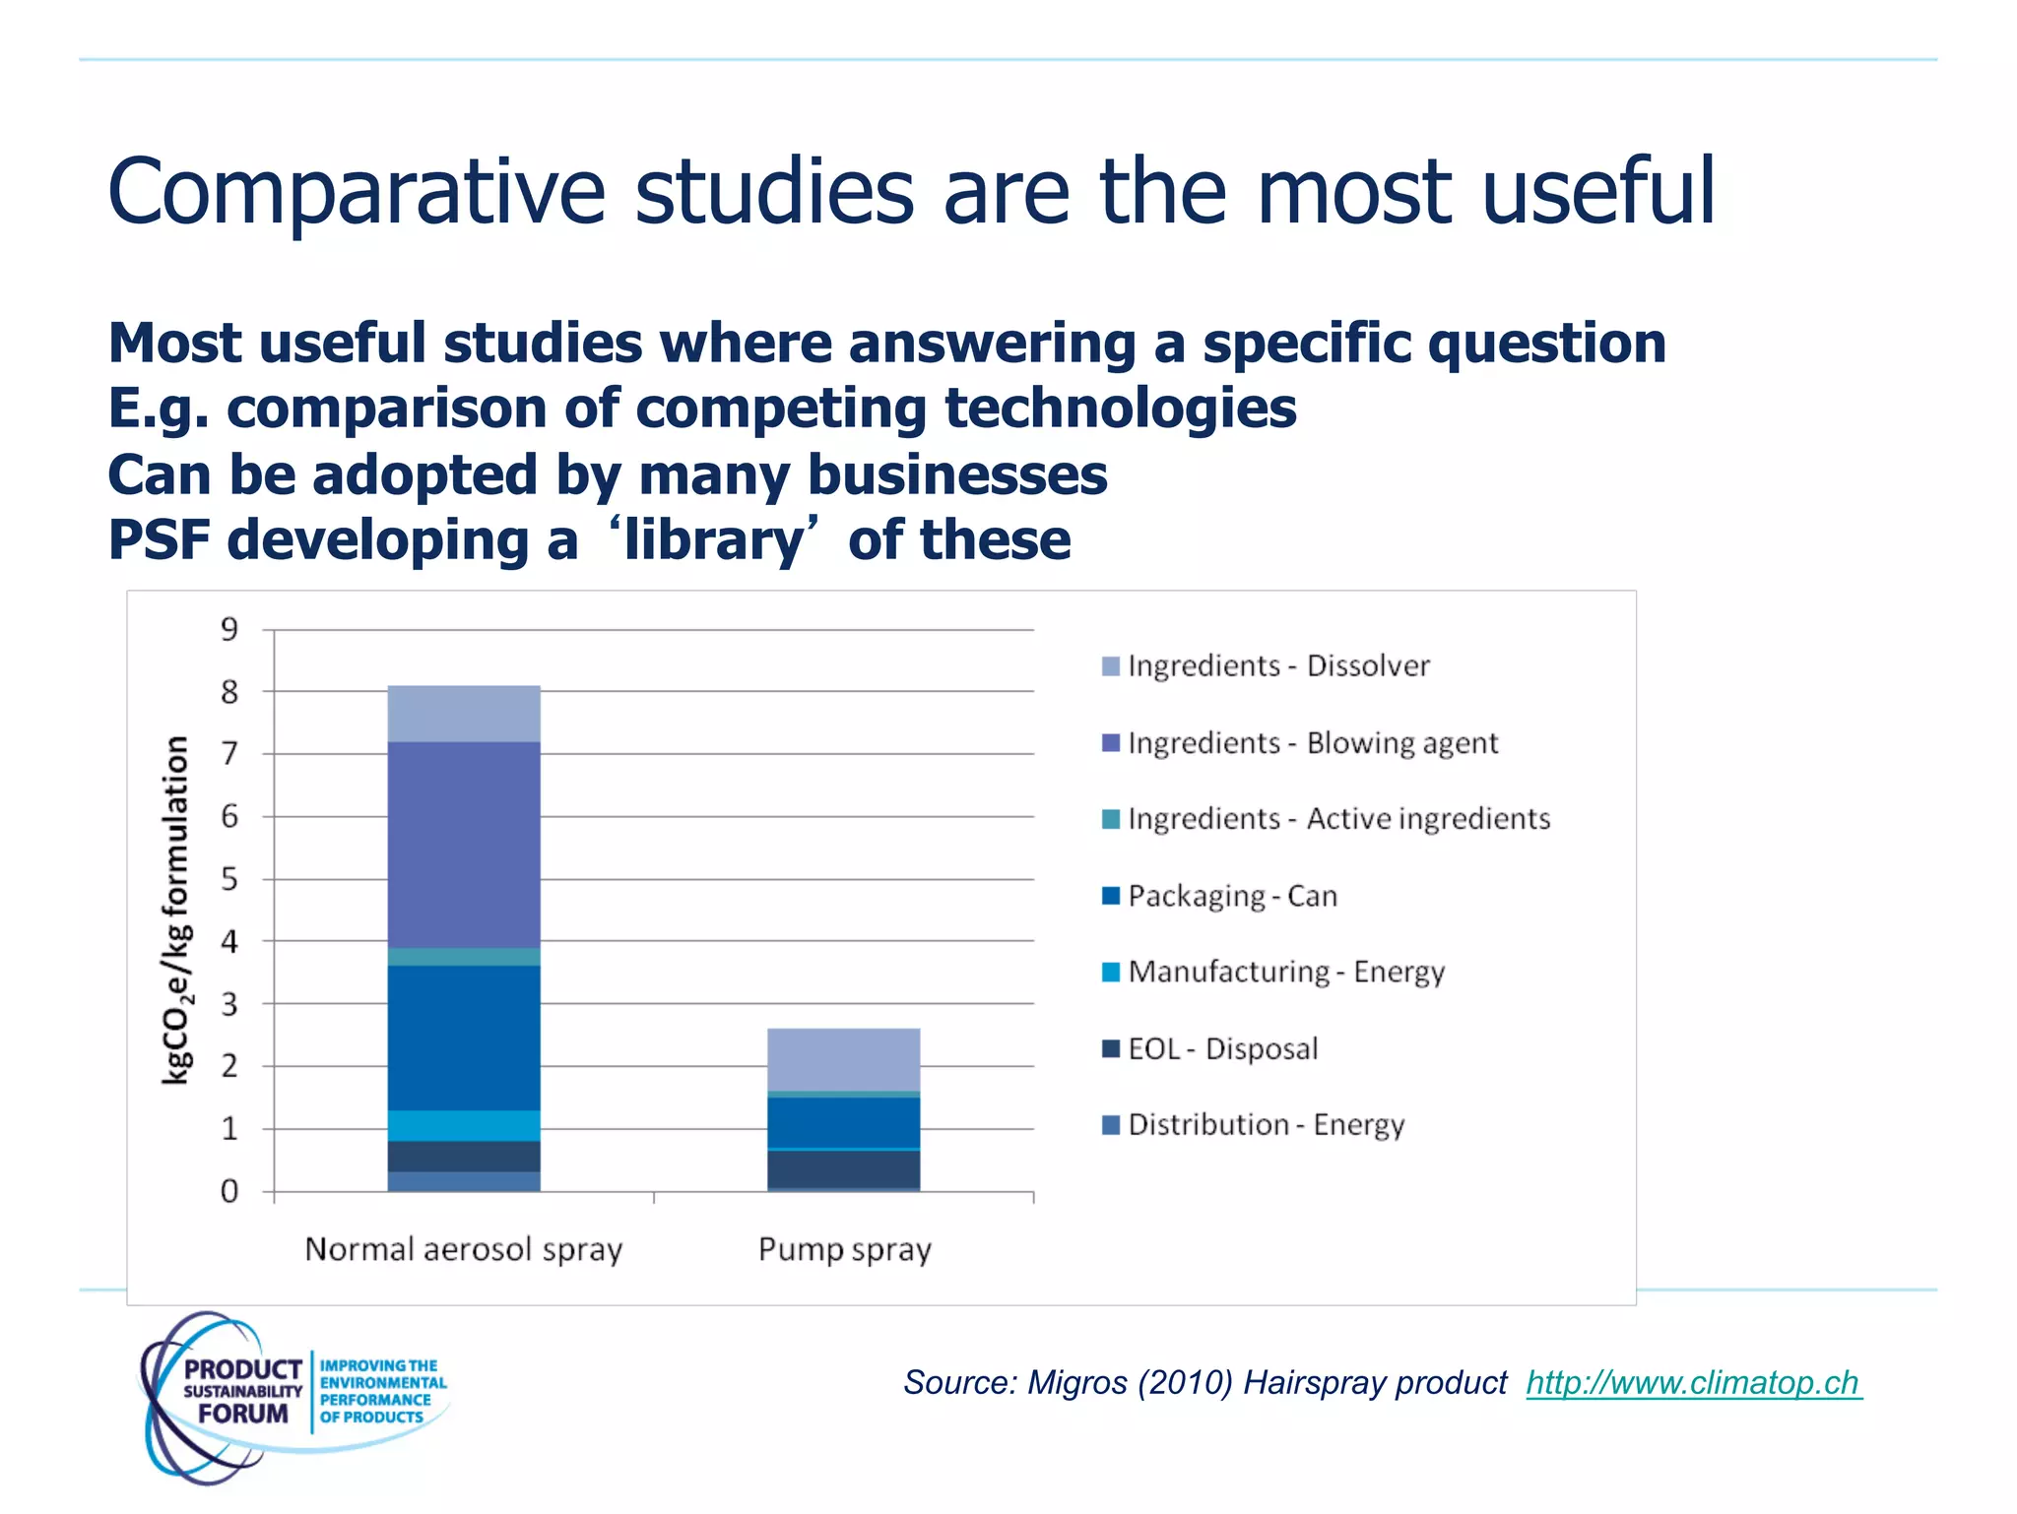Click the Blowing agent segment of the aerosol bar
pos(464,845)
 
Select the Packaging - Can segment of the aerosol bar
pos(464,1038)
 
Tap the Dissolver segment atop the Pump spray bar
pos(844,1059)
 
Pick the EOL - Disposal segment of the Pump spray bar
pos(844,1168)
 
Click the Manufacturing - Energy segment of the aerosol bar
pos(464,1125)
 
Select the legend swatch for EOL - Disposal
pos(1111,1048)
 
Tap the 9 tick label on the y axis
pos(229,629)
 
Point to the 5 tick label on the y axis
pos(229,879)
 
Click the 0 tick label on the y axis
pos(229,1192)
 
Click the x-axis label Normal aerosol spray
pos(464,1250)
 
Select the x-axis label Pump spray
pos(844,1250)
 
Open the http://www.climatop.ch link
pos(1693,1383)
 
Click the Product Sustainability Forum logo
pos(293,1395)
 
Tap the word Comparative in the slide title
pos(356,193)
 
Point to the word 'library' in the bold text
pos(713,540)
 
